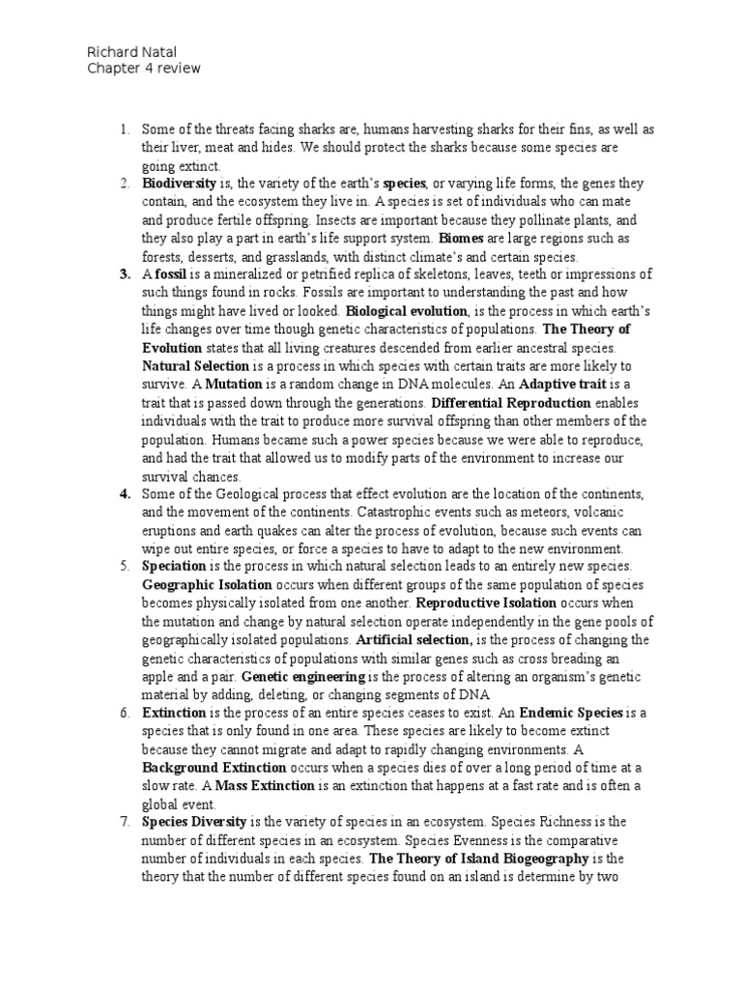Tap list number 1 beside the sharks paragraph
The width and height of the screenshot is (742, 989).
(124, 128)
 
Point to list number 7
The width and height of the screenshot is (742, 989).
(124, 822)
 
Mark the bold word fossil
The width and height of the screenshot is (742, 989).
(170, 274)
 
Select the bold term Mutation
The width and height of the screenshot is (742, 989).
(202, 384)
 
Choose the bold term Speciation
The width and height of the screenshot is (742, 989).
(174, 566)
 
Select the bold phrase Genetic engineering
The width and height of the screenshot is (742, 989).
(303, 676)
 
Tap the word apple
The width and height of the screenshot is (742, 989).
(158, 676)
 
